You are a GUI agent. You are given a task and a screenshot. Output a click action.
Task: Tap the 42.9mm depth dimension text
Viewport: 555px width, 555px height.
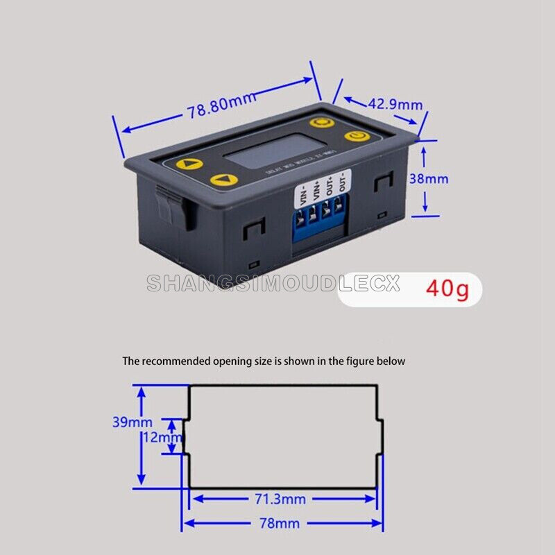point(395,105)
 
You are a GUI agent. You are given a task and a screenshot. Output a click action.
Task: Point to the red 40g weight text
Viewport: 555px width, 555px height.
point(447,287)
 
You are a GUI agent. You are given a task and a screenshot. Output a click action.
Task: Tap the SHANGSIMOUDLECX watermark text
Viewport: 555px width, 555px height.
point(273,284)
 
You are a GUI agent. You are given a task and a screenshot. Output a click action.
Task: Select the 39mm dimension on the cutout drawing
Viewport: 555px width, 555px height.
point(132,421)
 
